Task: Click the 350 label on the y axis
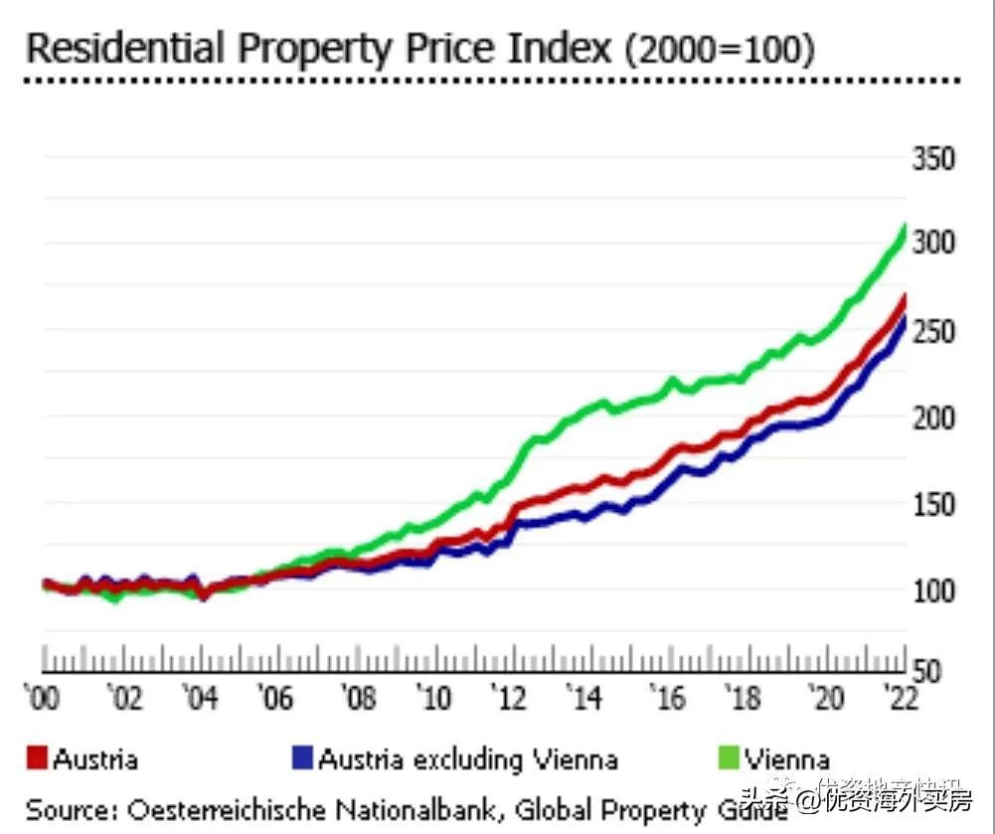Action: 933,160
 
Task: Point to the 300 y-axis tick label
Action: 933,244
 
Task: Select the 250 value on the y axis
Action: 933,331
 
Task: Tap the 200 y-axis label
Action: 933,417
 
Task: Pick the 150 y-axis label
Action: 933,504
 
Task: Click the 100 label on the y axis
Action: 933,590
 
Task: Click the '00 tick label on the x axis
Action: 43,699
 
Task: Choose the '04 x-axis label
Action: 203,699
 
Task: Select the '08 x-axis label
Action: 358,699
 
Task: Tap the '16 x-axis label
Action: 667,699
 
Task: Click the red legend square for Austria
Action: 37,760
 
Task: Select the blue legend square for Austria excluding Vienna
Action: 302,760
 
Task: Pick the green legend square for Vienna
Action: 729,760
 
